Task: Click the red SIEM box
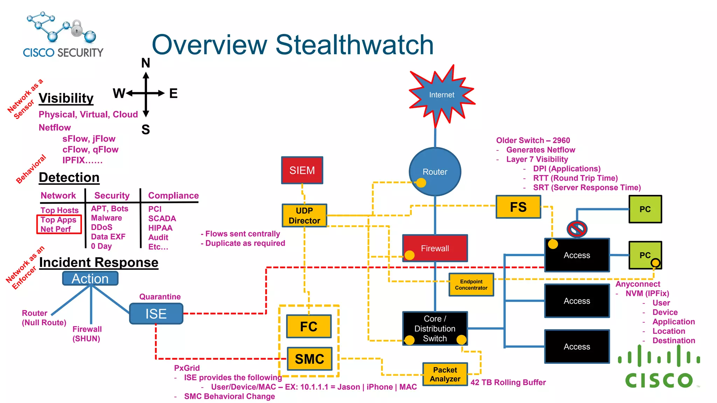coord(302,170)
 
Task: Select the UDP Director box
coord(304,215)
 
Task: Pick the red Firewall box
coord(435,248)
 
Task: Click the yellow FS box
coord(518,207)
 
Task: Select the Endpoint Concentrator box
coord(471,285)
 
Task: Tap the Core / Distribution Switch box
coord(435,328)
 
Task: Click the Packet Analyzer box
coord(445,374)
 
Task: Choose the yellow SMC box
coord(309,359)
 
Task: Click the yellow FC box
coord(309,326)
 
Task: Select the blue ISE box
coord(156,314)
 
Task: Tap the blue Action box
coord(90,279)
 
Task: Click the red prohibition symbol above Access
coord(577,229)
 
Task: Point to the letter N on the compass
coord(146,63)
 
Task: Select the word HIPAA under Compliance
coord(160,228)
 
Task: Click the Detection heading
coord(69,177)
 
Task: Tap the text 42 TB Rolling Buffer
coord(508,382)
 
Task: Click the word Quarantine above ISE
coord(160,297)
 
